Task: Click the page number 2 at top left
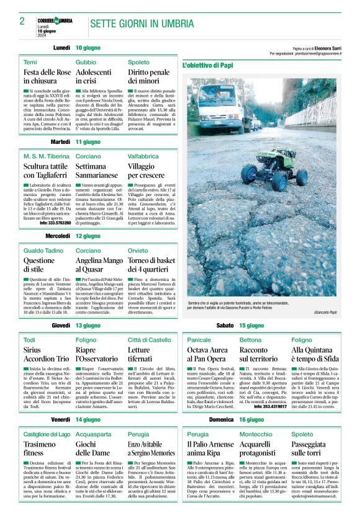[22, 20]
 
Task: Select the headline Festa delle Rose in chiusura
[47, 76]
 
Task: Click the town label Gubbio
[86, 63]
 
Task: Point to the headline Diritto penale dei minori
[148, 76]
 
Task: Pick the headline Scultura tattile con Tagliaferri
[46, 172]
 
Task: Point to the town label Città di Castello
[150, 341]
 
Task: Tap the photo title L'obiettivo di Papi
[207, 65]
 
